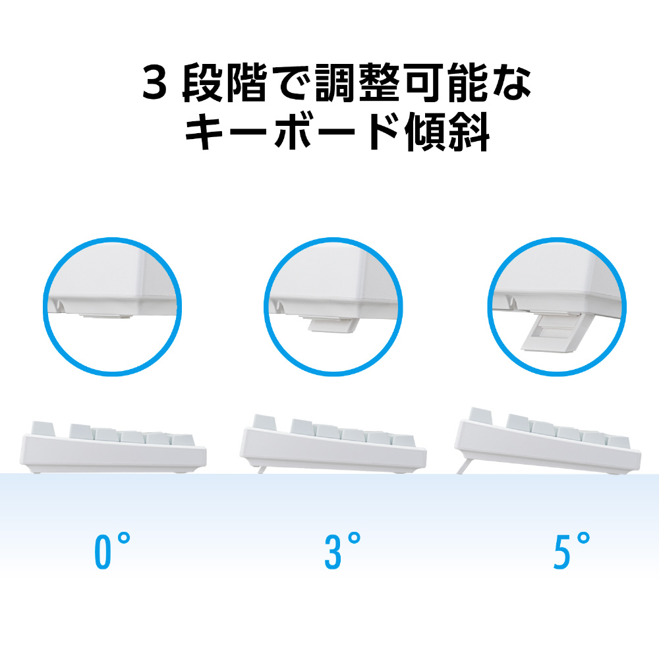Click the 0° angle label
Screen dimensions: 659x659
click(112, 551)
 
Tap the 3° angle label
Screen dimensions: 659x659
click(342, 551)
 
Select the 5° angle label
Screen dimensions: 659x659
click(571, 551)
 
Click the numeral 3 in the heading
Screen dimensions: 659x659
click(155, 83)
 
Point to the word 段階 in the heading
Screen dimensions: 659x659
click(225, 83)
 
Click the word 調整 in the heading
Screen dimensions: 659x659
click(358, 83)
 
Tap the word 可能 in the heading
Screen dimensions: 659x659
click(446, 83)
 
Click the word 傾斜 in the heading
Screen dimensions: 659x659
click(447, 131)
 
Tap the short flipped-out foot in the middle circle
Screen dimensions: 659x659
click(333, 324)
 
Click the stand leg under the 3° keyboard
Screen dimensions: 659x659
click(262, 469)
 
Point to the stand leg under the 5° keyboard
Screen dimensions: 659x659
click(463, 466)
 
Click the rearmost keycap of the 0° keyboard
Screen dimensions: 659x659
click(43, 429)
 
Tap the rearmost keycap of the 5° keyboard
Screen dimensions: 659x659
click(480, 416)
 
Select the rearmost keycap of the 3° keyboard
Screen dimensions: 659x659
click(264, 422)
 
